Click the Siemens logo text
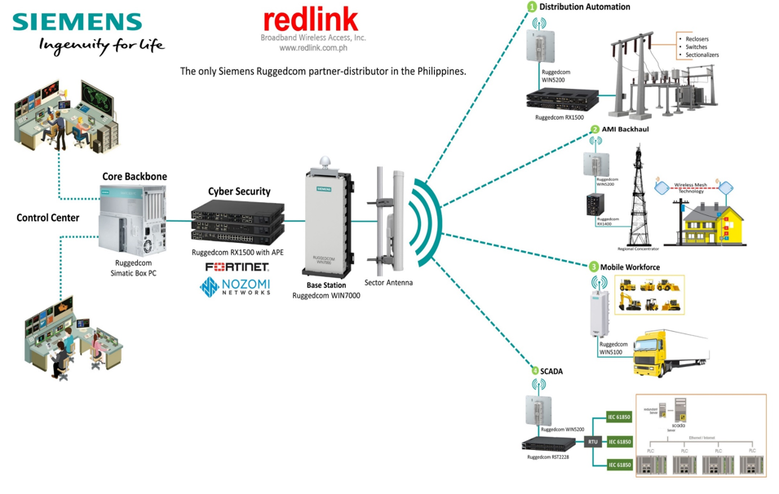click(x=77, y=22)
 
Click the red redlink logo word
click(x=311, y=20)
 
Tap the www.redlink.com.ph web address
click(x=313, y=48)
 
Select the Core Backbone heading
click(x=134, y=176)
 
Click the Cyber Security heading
click(x=239, y=192)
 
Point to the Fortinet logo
click(x=237, y=267)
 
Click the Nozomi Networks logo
click(x=237, y=286)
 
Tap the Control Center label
click(x=48, y=218)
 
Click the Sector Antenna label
click(x=388, y=283)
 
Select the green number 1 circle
click(x=532, y=7)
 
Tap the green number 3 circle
click(x=594, y=267)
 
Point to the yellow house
click(x=706, y=220)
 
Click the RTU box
click(x=593, y=441)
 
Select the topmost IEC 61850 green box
click(x=619, y=417)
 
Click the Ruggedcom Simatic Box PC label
click(x=134, y=268)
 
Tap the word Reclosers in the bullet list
click(x=697, y=38)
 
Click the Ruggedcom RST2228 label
click(x=547, y=457)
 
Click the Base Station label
click(x=326, y=285)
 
